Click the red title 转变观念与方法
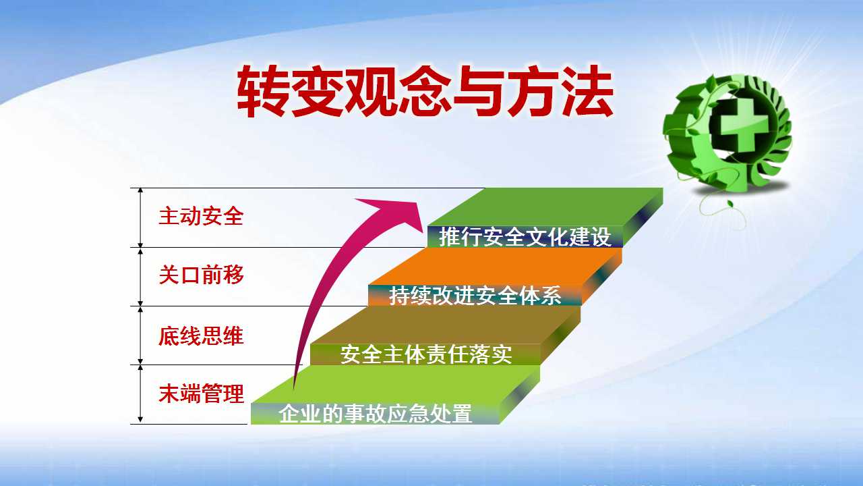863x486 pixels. pos(425,91)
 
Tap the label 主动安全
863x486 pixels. pos(201,216)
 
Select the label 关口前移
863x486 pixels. pos(201,275)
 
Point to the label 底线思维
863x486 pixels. pos(201,335)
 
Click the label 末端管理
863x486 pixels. pos(201,394)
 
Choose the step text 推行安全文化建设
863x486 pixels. pos(525,236)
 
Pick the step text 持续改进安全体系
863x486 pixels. pos(475,296)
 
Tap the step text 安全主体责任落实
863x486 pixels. pos(425,354)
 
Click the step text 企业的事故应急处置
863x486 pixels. pos(375,414)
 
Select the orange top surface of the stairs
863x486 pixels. pos(495,266)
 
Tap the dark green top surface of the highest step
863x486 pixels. pos(545,207)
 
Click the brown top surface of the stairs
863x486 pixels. pos(445,325)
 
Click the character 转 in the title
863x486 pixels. pos(262,91)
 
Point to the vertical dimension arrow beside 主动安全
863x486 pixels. pos(140,217)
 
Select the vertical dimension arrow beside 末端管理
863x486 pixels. pos(140,394)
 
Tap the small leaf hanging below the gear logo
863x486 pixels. pos(730,203)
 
